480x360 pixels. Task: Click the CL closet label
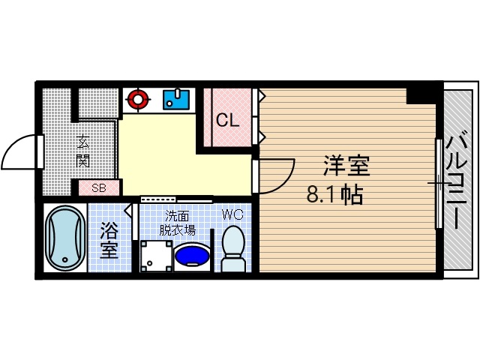coord(228,119)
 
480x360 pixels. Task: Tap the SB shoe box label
coord(98,188)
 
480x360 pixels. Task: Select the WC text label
coord(232,214)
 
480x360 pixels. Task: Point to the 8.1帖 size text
coord(335,195)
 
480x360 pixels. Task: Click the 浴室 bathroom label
coord(109,240)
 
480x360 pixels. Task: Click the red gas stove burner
coord(136,97)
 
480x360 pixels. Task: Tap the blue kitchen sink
coord(176,98)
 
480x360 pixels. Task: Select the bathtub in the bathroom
coord(64,238)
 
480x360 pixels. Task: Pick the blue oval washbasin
coord(192,255)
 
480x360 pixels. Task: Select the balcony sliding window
coord(437,182)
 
